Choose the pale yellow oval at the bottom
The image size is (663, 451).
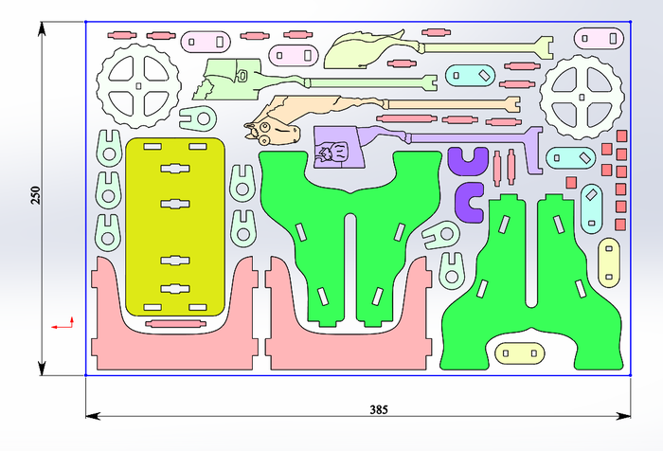[520, 353]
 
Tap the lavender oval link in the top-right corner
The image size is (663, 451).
[601, 38]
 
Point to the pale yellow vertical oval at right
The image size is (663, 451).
[607, 261]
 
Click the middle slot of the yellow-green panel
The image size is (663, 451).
[175, 203]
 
